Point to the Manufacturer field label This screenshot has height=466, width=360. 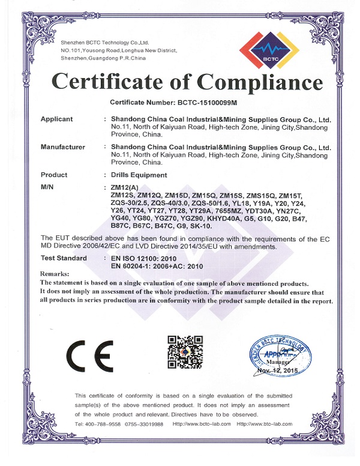62,147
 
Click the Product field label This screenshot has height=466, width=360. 53,175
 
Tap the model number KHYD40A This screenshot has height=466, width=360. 229,219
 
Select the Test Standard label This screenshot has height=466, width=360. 63,258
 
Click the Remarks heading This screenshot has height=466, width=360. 55,274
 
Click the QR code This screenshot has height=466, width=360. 182,352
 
